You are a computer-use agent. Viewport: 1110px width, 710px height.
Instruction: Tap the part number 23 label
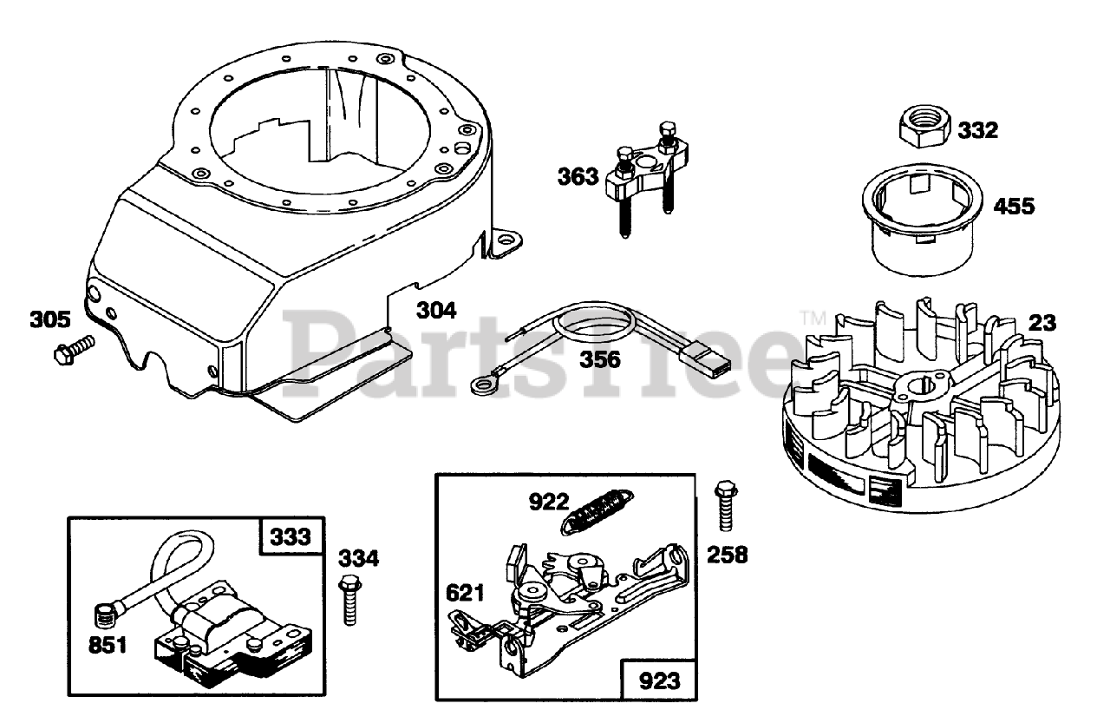click(1042, 323)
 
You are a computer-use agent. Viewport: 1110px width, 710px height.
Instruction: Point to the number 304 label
click(436, 310)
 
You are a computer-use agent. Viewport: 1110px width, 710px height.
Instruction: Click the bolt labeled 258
click(722, 507)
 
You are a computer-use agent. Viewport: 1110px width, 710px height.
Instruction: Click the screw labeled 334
click(350, 599)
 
